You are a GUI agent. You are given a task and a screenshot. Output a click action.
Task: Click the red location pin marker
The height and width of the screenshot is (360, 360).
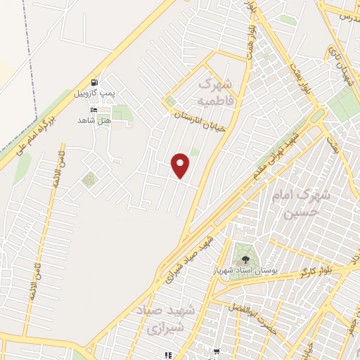click(x=181, y=165)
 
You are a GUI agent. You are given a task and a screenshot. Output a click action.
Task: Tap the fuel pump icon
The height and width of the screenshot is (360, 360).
click(x=94, y=82)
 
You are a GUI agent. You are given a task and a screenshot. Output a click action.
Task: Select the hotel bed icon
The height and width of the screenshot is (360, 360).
click(x=94, y=110)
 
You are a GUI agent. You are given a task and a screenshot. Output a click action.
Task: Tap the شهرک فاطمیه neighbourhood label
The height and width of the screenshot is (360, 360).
click(x=215, y=94)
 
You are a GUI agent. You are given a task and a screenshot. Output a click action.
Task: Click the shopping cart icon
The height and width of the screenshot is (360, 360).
click(x=217, y=352)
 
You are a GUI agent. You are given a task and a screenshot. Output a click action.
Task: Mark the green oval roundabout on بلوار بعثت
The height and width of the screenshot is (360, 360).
click(x=319, y=114)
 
